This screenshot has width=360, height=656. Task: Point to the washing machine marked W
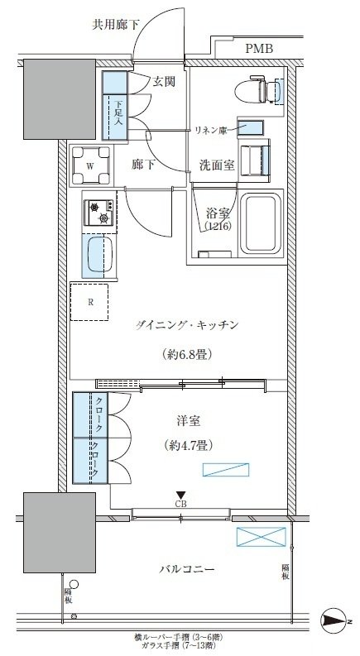pos(89,163)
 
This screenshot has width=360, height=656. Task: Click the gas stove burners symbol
pos(99,212)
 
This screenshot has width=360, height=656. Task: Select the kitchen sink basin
pos(99,256)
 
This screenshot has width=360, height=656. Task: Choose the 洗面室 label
pos(217,164)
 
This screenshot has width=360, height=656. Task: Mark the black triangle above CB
pos(180,495)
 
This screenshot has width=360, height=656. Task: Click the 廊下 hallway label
pos(144,164)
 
